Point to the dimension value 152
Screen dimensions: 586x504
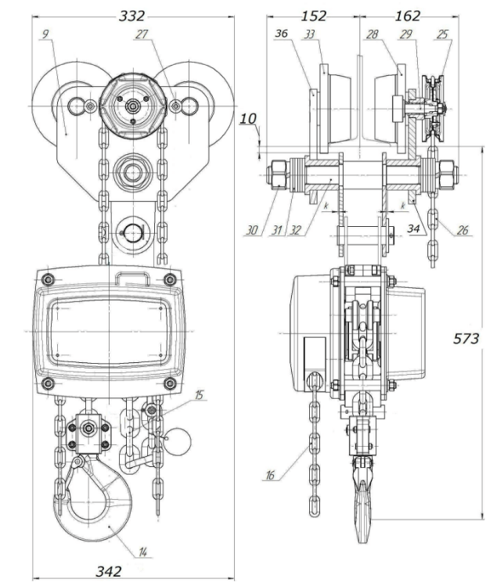pyautogui.click(x=313, y=16)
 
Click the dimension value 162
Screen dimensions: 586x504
pyautogui.click(x=407, y=16)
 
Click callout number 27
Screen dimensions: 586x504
pyautogui.click(x=163, y=34)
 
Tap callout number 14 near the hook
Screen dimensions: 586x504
pyautogui.click(x=143, y=552)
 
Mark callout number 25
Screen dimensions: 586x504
pyautogui.click(x=444, y=34)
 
